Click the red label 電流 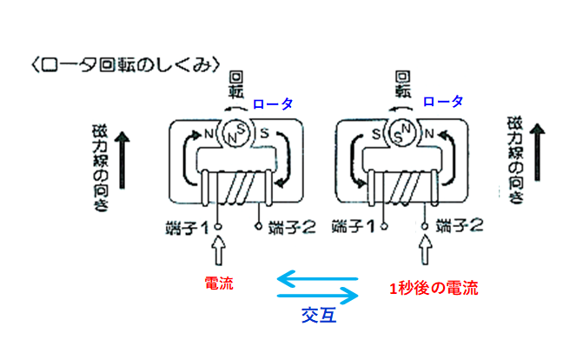pos(218,283)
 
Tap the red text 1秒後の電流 pos(433,286)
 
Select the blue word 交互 pos(319,315)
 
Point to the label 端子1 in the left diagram pos(188,230)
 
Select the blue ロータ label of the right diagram pos(441,101)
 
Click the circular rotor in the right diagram pos(401,133)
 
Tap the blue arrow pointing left pos(317,279)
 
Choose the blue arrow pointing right pos(317,297)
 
